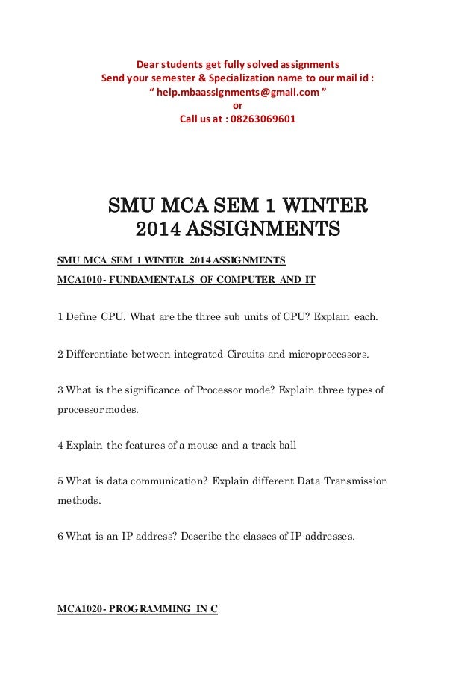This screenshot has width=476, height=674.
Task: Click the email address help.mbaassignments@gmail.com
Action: [238, 92]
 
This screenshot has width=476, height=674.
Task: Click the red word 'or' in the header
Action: [238, 105]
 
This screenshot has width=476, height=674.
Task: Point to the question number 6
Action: [60, 537]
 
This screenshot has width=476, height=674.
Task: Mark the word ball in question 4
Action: [287, 446]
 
